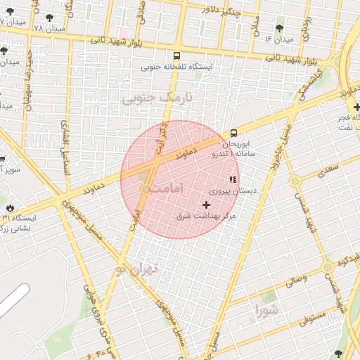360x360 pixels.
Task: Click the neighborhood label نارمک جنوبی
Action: pyautogui.click(x=156, y=98)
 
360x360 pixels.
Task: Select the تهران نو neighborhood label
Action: pyautogui.click(x=151, y=269)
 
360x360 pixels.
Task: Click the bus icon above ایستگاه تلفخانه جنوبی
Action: pyautogui.click(x=176, y=56)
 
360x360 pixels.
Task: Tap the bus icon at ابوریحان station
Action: pyautogui.click(x=233, y=132)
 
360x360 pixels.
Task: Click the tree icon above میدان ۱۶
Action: pyautogui.click(x=280, y=28)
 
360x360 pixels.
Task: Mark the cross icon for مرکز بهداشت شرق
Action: pyautogui.click(x=206, y=204)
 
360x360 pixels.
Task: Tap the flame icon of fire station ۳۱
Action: pyautogui.click(x=11, y=207)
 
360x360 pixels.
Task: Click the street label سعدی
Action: pyautogui.click(x=328, y=169)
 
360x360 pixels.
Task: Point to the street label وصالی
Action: pyautogui.click(x=295, y=281)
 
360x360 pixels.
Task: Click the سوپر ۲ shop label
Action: pyautogui.click(x=10, y=169)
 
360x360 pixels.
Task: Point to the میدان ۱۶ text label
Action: pyautogui.click(x=278, y=39)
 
